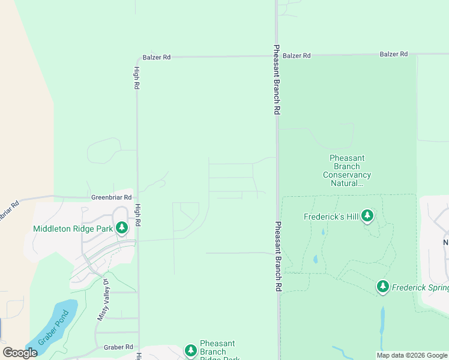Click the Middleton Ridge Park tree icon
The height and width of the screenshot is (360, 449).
point(122,228)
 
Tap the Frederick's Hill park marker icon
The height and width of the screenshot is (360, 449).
point(367,216)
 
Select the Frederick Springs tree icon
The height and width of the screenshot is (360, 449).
point(383,287)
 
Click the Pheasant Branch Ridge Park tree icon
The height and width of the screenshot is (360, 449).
point(191,350)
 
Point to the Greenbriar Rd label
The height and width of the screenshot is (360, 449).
point(111,197)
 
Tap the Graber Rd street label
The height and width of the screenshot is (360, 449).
point(118,347)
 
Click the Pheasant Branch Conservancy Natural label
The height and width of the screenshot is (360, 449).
point(347,170)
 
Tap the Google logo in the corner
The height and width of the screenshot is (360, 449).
point(20,353)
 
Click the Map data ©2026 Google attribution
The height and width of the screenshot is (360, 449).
point(412,355)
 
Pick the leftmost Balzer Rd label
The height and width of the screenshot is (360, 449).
point(157,58)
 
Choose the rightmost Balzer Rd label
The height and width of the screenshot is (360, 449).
point(394,55)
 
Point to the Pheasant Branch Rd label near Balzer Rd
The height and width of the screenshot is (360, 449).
point(277,80)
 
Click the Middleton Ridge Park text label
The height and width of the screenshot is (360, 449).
point(73,228)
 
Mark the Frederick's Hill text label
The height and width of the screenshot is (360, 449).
point(330,217)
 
